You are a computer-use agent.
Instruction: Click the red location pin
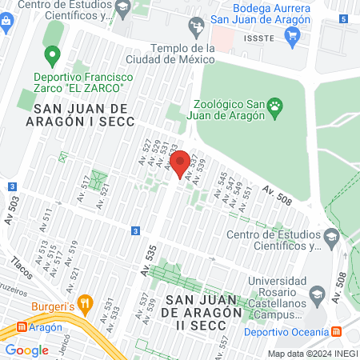(x=180, y=162)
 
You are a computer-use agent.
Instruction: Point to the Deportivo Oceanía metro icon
(x=337, y=331)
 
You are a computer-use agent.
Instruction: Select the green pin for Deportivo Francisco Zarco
(x=53, y=56)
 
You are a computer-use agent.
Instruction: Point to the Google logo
(x=26, y=350)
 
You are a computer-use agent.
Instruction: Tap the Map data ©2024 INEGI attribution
(x=312, y=354)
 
